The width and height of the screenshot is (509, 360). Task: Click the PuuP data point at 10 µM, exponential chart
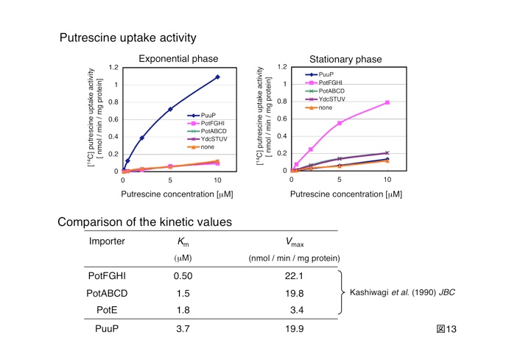point(217,77)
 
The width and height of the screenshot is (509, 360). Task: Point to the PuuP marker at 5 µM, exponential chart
point(170,109)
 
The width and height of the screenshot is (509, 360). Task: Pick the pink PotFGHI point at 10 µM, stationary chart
point(387,102)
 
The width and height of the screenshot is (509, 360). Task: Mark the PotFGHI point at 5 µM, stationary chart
point(340,123)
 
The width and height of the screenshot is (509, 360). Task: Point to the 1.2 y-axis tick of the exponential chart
point(113,67)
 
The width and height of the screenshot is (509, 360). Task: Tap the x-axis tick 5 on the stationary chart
point(340,180)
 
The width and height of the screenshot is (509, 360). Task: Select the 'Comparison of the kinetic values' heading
point(145,222)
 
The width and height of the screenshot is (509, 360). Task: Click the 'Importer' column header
point(107,241)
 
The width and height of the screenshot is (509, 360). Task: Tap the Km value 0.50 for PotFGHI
point(183,276)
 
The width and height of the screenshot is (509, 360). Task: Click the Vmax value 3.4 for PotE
point(295,311)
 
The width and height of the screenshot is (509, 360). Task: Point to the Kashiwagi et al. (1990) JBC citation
point(401,292)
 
